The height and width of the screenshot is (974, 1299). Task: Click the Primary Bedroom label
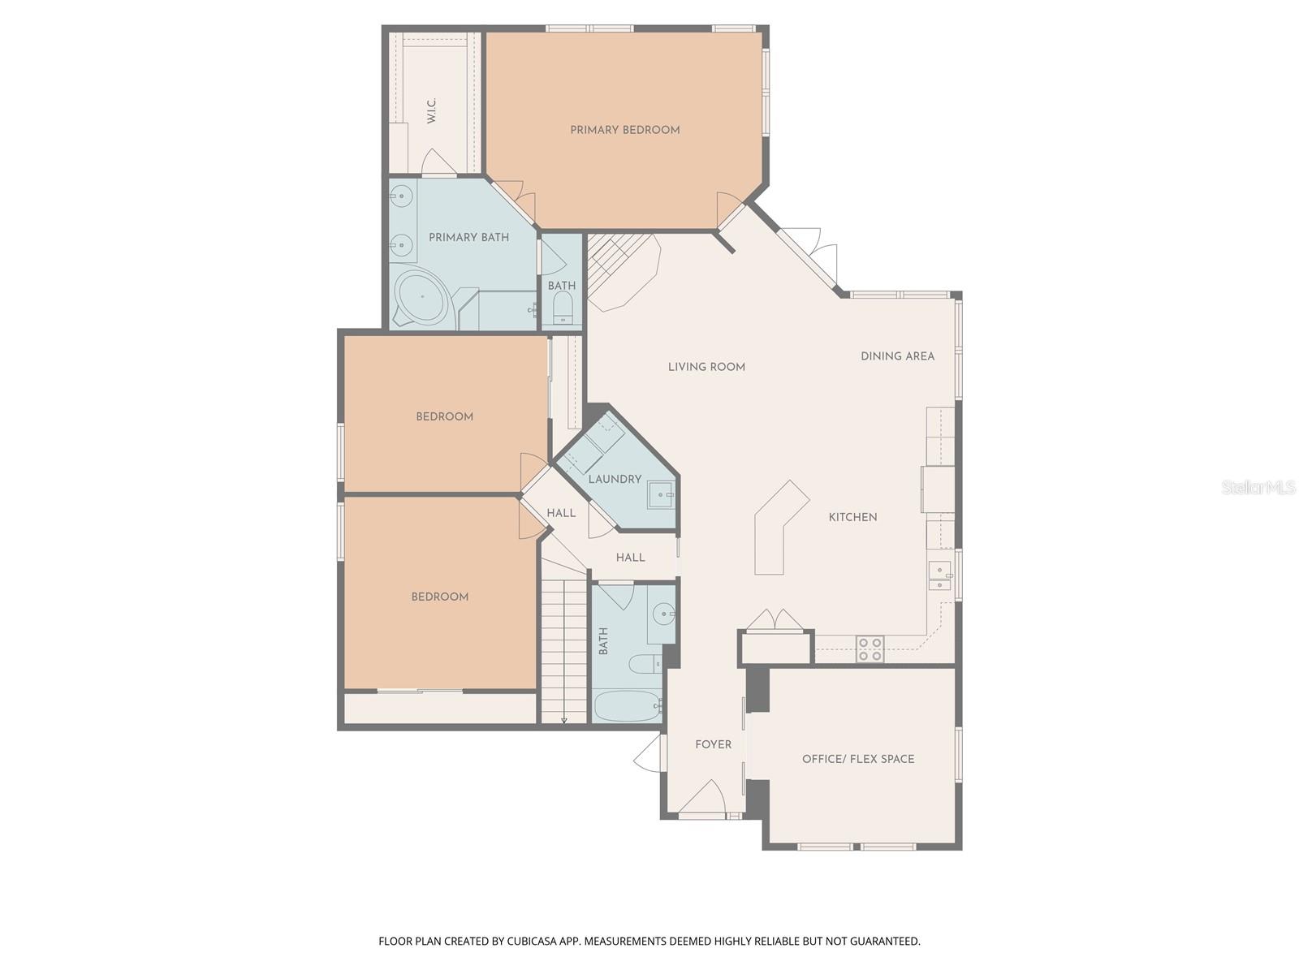pos(624,130)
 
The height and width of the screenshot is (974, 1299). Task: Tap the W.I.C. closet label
pos(432,111)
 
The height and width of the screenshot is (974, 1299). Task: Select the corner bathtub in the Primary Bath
pos(422,297)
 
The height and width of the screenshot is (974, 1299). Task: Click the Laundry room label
pos(615,480)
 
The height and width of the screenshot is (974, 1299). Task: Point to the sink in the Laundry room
pos(661,494)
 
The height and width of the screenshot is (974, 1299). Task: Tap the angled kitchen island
pos(779,528)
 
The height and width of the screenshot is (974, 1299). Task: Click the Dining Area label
pos(897,356)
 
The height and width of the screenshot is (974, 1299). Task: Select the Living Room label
pos(706,367)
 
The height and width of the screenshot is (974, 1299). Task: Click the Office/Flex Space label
pos(858,759)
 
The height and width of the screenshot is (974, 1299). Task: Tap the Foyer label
pos(713,745)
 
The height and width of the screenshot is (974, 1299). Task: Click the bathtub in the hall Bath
pos(627,706)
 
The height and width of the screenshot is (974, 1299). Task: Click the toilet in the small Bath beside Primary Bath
pos(562,309)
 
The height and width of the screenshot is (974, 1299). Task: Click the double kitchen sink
pos(940,575)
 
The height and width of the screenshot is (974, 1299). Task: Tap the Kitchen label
pos(852,517)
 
